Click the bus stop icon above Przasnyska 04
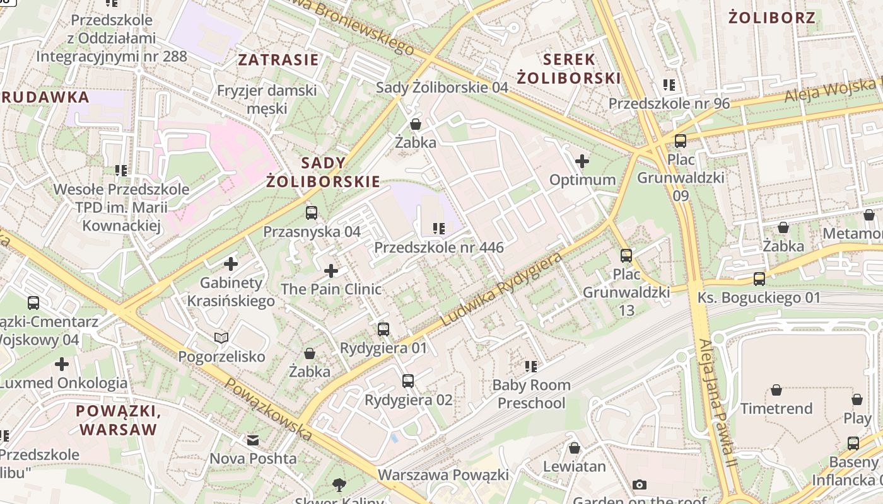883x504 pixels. [311, 213]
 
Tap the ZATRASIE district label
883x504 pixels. [278, 60]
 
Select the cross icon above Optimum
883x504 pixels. [582, 161]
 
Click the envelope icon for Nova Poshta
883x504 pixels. [253, 440]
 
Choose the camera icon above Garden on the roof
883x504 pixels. [640, 484]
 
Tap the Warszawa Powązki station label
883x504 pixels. [443, 474]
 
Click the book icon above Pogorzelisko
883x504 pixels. [221, 338]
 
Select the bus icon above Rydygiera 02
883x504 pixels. [408, 381]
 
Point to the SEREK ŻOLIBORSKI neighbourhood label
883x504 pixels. [569, 69]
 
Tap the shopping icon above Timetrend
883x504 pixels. [776, 390]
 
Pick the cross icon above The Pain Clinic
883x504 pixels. [331, 271]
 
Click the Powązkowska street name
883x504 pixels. [269, 409]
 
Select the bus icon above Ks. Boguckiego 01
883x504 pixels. [759, 278]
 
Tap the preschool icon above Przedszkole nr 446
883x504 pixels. [438, 228]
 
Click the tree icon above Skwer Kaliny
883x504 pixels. [339, 484]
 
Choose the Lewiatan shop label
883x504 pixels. [574, 467]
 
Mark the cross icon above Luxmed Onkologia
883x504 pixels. [62, 364]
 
